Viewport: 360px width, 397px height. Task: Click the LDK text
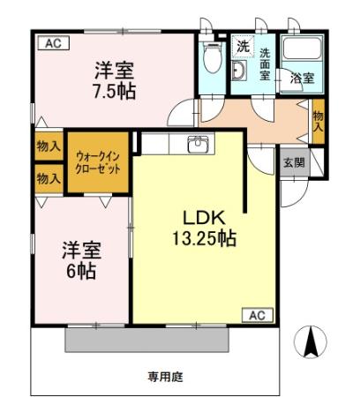coord(206,217)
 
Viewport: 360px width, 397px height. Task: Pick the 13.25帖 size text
coord(204,237)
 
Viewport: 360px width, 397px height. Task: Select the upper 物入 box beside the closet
coord(49,146)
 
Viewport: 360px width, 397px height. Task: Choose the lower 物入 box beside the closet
coord(49,177)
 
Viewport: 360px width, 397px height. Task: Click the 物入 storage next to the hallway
coord(318,119)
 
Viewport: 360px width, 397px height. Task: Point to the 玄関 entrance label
coord(294,162)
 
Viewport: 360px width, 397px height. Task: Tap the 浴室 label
coord(302,79)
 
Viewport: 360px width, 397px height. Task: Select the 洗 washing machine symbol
coord(241,45)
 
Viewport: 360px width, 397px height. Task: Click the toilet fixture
coord(211,58)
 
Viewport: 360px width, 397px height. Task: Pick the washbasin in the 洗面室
coord(239,71)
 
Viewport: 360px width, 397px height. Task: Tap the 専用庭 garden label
coord(164,377)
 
